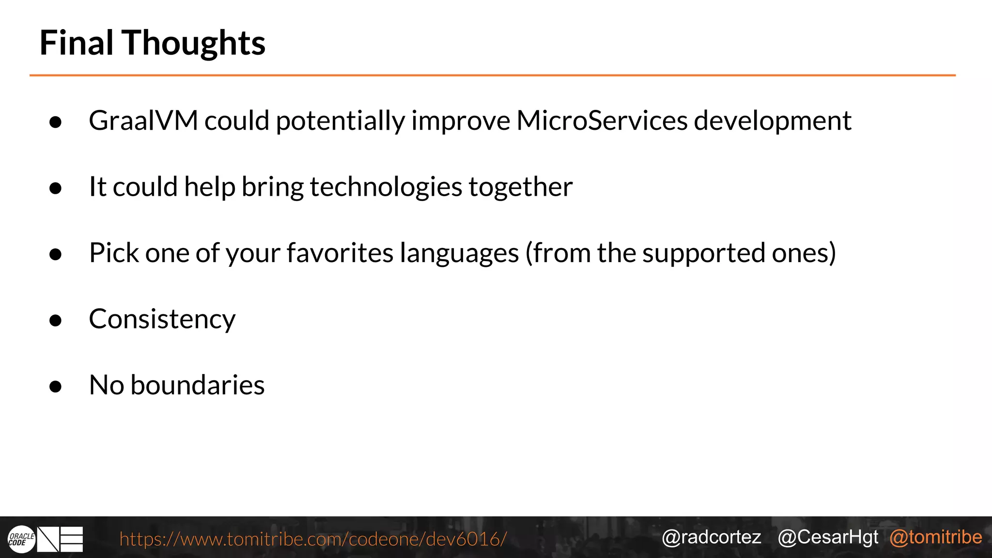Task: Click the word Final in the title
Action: [76, 43]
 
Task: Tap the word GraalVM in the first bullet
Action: [143, 121]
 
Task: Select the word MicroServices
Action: [602, 121]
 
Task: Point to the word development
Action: [773, 121]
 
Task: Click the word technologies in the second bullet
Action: [386, 187]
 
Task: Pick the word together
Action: [520, 187]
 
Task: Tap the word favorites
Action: [340, 253]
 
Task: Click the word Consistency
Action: [162, 319]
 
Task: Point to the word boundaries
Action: [198, 385]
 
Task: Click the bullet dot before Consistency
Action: [56, 320]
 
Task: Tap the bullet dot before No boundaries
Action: [56, 387]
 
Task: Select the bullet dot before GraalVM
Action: [56, 122]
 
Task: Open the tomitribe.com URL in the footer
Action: [313, 539]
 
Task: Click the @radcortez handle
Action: [711, 537]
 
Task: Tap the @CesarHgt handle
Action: [828, 537]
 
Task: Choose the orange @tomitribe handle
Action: [935, 537]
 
